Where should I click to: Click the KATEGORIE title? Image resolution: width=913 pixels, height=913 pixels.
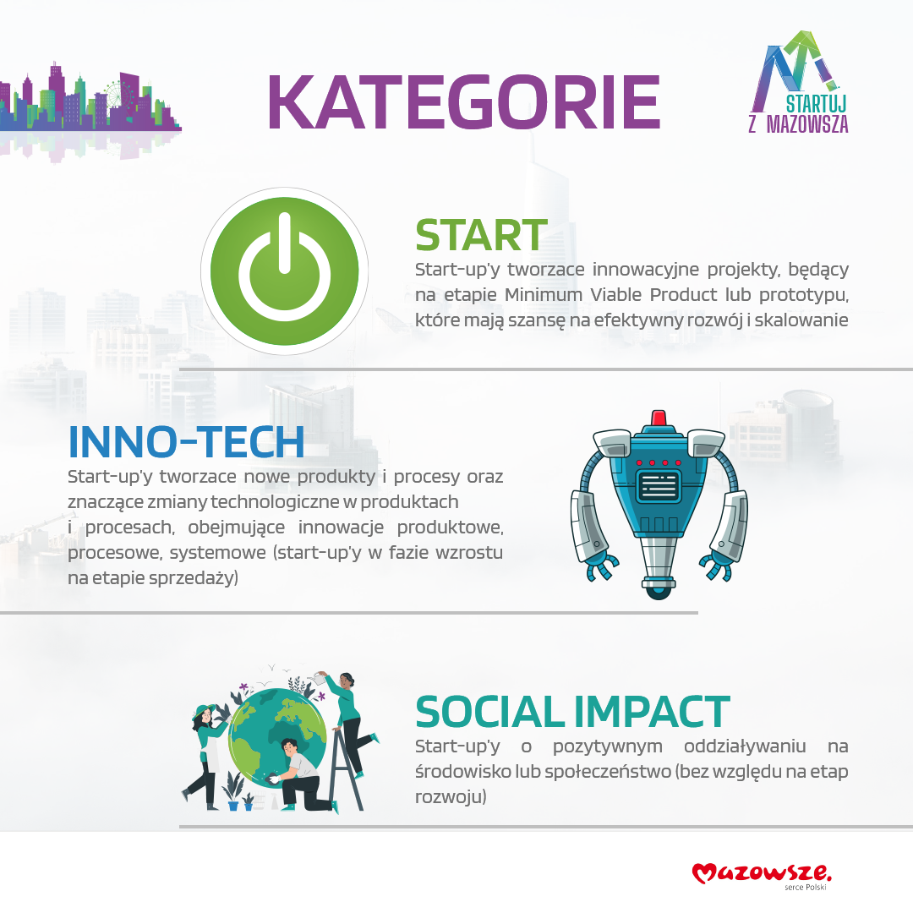coord(463,102)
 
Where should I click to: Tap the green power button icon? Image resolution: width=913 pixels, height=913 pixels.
coord(284,271)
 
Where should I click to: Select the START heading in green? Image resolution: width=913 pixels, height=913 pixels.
coord(481,235)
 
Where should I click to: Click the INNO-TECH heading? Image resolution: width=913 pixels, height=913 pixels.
coord(186,442)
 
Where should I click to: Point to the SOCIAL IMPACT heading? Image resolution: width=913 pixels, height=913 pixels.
coord(572,712)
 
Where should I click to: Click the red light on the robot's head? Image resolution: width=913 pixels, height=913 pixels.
coord(659,418)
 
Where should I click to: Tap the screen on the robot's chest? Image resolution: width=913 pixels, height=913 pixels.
coord(659,485)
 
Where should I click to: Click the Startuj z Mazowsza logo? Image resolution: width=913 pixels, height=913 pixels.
coord(799,82)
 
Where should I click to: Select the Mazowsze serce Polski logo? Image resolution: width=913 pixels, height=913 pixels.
coord(762,876)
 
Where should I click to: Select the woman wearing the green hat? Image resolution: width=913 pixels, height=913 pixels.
coord(205,756)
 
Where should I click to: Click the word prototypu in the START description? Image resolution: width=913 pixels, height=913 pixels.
coord(804,295)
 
